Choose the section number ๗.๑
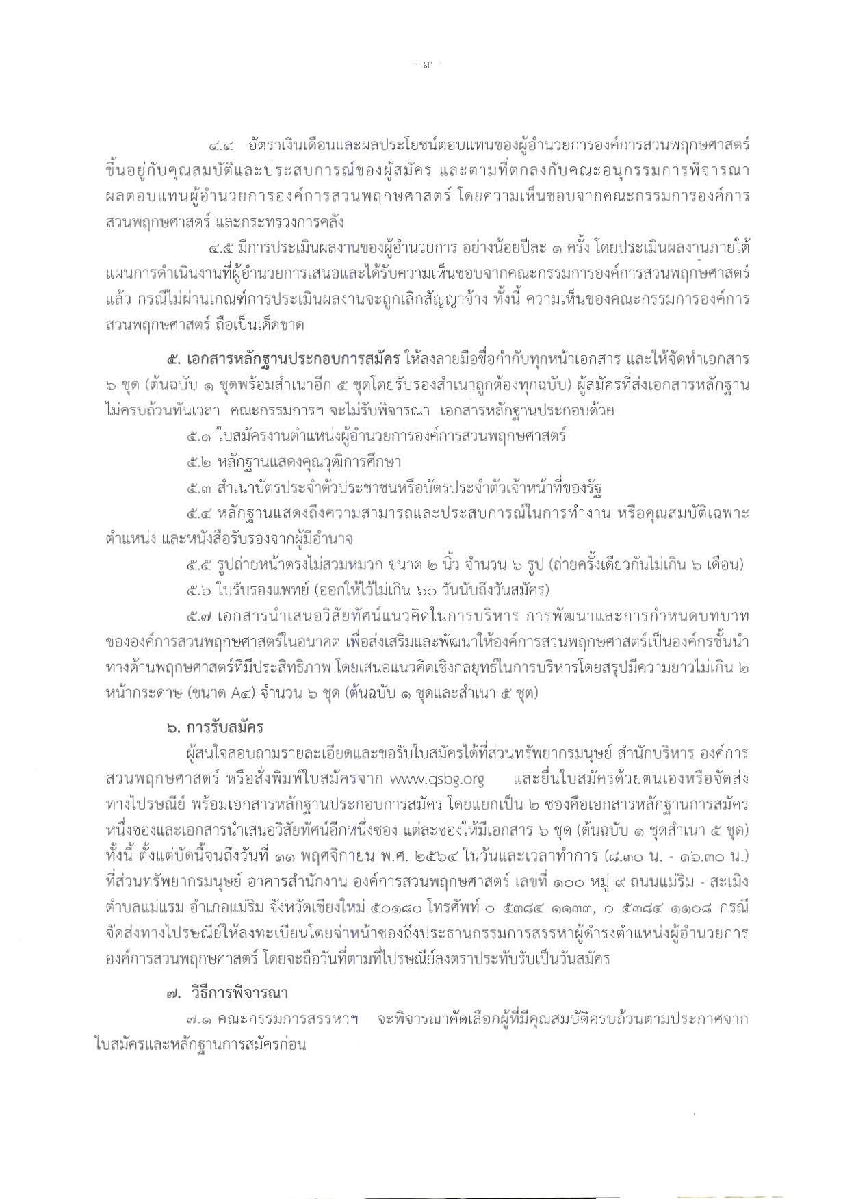click(x=199, y=1019)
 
